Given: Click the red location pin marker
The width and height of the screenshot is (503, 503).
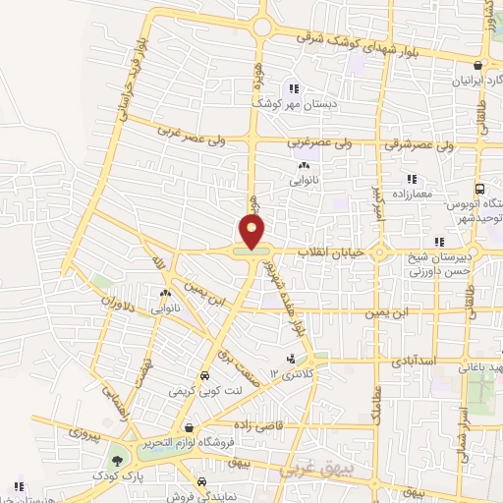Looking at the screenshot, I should click(x=253, y=232).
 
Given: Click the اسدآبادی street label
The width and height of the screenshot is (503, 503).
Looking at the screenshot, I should click(x=403, y=362).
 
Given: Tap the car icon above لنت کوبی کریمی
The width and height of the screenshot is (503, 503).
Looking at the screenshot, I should click(x=203, y=376).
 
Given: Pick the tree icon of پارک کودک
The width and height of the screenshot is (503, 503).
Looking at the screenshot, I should click(x=118, y=460).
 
